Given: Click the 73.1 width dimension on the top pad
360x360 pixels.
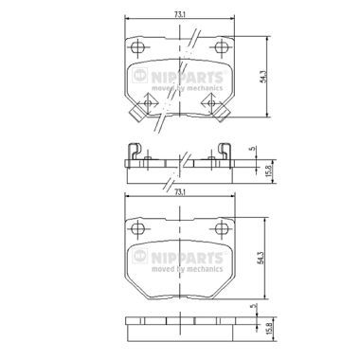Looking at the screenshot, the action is coord(179,14).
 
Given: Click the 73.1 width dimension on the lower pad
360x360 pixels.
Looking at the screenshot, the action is coord(179,191).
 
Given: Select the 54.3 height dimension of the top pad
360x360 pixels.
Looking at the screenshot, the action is coord(263,77).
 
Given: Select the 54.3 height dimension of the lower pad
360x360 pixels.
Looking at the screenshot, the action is coord(261,258).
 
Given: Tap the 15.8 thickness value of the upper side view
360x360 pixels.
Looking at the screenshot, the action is coord(269,171).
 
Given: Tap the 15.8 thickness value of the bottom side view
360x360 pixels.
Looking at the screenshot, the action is coord(269,330).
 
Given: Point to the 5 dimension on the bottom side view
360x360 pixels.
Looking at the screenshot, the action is coord(252,306).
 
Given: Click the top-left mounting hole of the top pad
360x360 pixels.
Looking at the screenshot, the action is coord(137,47).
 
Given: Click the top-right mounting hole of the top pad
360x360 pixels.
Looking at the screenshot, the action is coord(222,47).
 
